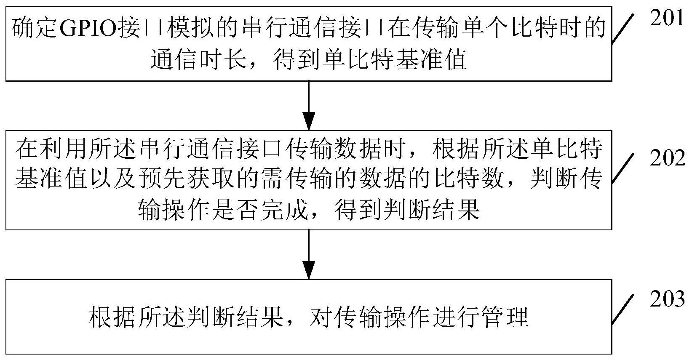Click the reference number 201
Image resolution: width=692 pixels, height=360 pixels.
(x=667, y=18)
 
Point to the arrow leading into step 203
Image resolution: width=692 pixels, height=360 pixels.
(x=309, y=254)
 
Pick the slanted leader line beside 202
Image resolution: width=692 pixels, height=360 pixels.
(x=623, y=168)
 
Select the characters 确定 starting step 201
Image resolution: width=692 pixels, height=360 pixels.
(x=34, y=28)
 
